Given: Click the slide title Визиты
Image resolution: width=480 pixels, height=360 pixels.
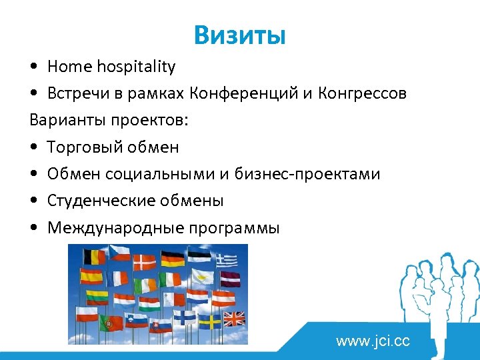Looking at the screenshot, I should click(239, 35).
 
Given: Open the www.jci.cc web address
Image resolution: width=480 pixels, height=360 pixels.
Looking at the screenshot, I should click(373, 342).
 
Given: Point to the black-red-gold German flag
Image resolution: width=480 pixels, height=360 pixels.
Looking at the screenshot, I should click(173, 259).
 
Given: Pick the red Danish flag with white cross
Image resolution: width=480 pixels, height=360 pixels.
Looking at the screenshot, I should click(146, 263).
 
